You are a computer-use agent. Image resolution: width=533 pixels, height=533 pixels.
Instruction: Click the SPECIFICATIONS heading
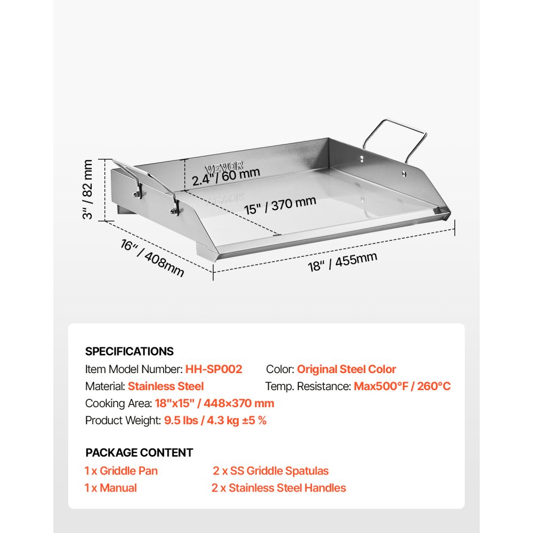click(129, 351)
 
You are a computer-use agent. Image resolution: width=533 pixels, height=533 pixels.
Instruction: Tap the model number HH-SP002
click(214, 369)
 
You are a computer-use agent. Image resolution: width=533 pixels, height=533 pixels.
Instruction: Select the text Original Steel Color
click(346, 369)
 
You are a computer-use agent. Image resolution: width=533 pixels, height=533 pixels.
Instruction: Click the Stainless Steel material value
click(166, 386)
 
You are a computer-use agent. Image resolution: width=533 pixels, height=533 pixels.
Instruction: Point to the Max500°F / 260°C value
click(402, 386)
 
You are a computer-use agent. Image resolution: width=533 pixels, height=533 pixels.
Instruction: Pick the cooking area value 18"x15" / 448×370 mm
click(214, 403)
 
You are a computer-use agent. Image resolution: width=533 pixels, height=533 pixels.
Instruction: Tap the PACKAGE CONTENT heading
click(139, 453)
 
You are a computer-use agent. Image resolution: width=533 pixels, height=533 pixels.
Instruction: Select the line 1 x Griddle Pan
click(121, 471)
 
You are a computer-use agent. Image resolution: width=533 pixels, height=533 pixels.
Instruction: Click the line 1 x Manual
click(110, 488)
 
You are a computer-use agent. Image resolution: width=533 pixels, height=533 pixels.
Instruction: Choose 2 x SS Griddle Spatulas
click(271, 471)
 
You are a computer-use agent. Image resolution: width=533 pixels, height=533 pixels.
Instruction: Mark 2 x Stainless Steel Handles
click(279, 488)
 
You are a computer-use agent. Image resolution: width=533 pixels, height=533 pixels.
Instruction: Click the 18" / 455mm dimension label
click(343, 262)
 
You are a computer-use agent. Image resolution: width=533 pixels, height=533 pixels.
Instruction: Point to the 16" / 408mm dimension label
click(152, 258)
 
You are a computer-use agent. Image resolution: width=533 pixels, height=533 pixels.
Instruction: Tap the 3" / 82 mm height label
click(87, 189)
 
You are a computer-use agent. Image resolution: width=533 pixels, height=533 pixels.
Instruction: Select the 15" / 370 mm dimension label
click(280, 205)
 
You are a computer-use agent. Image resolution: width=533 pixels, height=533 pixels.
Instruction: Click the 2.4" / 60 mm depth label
click(226, 176)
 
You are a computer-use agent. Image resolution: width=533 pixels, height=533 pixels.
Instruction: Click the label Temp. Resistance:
click(308, 386)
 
